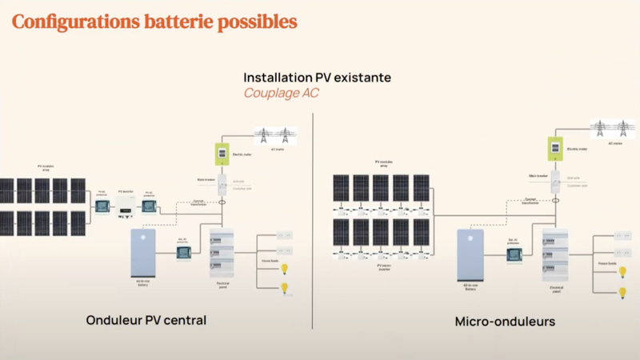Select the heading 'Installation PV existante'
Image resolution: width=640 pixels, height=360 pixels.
click(x=318, y=78)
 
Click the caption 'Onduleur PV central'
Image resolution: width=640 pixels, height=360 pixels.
click(x=146, y=320)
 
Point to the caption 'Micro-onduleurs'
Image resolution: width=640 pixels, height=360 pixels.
click(x=494, y=322)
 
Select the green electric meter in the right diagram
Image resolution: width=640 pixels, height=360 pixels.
click(x=551, y=147)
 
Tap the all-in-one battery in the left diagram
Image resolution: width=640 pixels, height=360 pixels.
click(x=145, y=252)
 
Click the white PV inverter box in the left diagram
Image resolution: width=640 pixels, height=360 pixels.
click(x=125, y=207)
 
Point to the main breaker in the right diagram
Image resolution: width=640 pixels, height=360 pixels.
click(x=553, y=180)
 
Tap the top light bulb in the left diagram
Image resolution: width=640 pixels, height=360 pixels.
click(x=282, y=268)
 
